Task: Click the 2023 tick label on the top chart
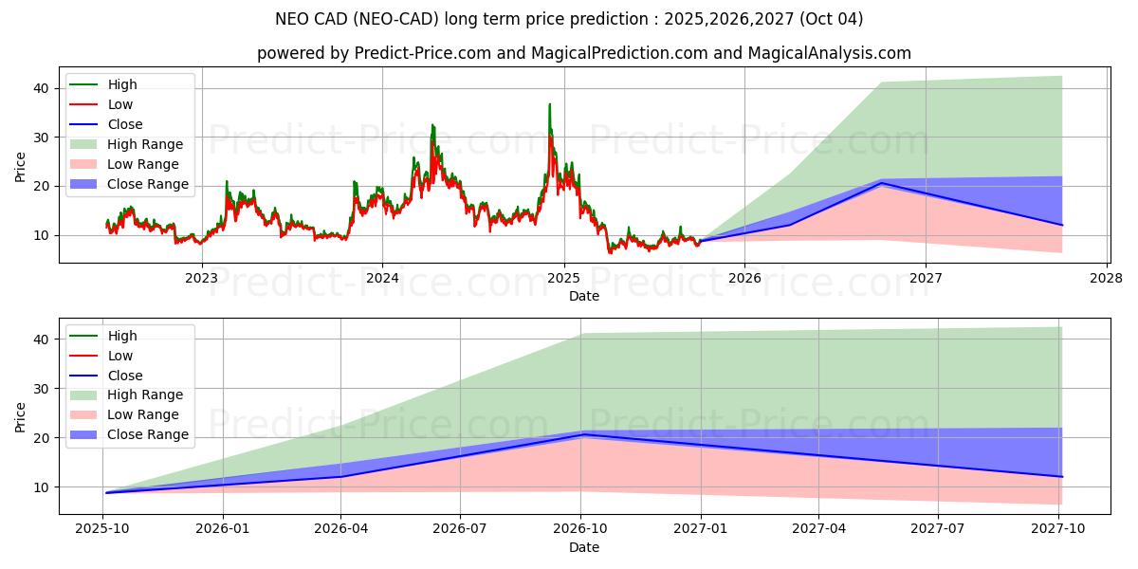[201, 278]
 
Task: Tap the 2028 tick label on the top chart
[1107, 278]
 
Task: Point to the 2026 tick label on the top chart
[744, 278]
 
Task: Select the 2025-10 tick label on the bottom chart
[104, 529]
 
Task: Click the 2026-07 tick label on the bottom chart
[460, 529]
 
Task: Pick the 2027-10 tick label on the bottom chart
[1061, 529]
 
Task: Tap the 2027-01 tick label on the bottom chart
[702, 529]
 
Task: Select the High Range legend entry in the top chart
[145, 144]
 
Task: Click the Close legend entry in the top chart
[125, 124]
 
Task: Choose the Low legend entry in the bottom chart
[120, 356]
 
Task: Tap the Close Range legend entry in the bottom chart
[148, 434]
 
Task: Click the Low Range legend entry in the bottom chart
[143, 414]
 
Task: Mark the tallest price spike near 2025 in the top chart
[549, 105]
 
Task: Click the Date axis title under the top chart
[583, 296]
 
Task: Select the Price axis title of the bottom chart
[20, 416]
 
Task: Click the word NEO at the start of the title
[292, 19]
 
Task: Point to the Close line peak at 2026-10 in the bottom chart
[582, 434]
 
